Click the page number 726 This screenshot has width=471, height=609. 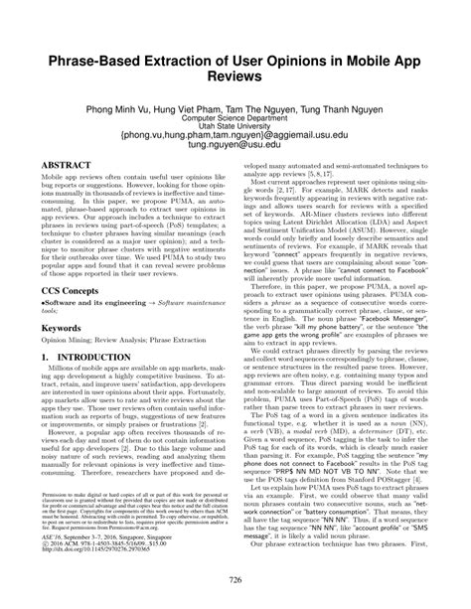coord(235,579)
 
